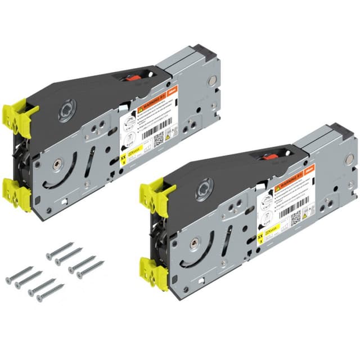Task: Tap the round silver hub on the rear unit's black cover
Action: coord(66,111)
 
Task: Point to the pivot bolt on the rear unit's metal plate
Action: coord(58,164)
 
